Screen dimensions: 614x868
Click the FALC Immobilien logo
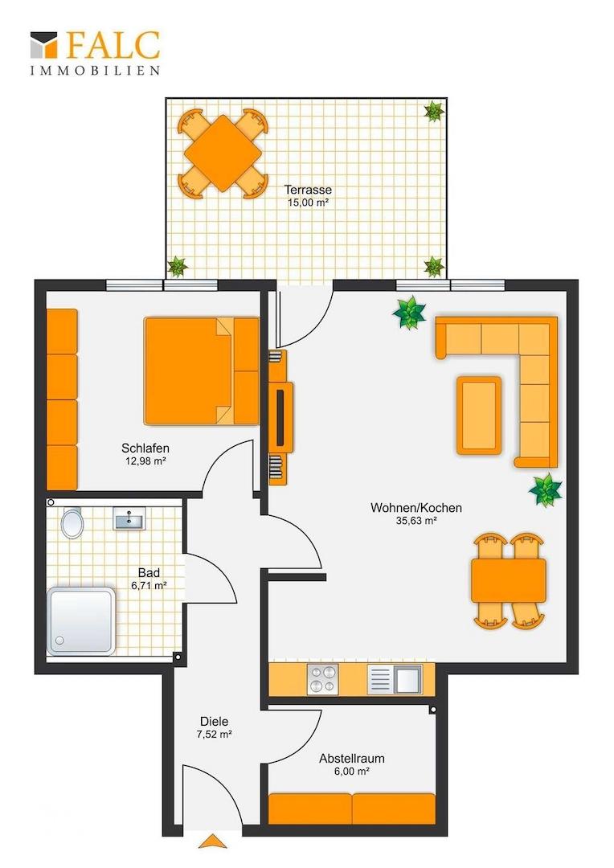[x=95, y=53]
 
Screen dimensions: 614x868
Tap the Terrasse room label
[x=308, y=190]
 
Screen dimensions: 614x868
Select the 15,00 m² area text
[x=308, y=203]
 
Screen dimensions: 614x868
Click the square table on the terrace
[x=223, y=154]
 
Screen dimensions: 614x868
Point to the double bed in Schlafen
[x=202, y=371]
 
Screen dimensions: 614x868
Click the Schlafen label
[x=145, y=448]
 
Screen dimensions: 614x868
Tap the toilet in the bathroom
[x=72, y=522]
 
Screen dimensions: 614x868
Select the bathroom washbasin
[x=129, y=519]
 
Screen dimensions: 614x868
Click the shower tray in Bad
[x=81, y=621]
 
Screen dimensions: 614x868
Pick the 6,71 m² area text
[x=149, y=586]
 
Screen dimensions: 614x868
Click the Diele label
[x=215, y=721]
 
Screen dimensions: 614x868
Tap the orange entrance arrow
[x=213, y=841]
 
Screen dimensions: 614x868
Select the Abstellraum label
[x=351, y=759]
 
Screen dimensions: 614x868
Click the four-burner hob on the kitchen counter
[x=322, y=679]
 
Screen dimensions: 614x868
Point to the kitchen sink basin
[x=408, y=679]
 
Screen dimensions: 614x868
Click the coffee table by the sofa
[x=479, y=416]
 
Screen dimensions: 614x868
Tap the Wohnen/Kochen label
[x=416, y=508]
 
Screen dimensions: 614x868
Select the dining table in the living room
[x=508, y=581]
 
